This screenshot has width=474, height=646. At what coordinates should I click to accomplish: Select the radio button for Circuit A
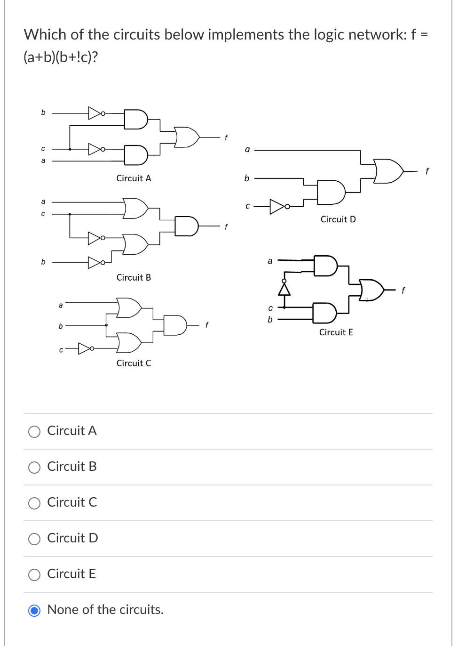(34, 432)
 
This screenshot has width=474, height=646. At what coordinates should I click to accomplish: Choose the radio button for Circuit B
(34, 468)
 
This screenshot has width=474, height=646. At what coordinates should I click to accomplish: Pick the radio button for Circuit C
(34, 503)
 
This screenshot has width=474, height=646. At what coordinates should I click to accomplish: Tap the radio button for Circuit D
(34, 539)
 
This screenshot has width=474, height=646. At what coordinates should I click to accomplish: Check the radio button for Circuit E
(34, 575)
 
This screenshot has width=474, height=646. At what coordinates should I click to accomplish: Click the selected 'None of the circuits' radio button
(34, 611)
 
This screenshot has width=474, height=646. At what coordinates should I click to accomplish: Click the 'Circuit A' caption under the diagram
(134, 178)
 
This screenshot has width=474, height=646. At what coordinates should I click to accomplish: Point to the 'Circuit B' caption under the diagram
(134, 278)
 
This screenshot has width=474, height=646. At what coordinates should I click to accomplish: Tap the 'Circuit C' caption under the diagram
(134, 363)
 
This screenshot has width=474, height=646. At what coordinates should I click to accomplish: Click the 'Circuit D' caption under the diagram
(338, 219)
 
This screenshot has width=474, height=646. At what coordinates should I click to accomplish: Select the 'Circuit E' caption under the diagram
(336, 332)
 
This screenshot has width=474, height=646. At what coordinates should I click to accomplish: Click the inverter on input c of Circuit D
(278, 206)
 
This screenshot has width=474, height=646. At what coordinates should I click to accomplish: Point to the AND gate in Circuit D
(331, 192)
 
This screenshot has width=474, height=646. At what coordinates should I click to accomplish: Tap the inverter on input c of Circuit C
(85, 348)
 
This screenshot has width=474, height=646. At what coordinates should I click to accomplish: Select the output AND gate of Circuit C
(175, 325)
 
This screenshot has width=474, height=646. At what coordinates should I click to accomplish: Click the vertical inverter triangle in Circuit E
(284, 288)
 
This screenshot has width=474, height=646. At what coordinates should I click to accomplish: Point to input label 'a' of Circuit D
(247, 150)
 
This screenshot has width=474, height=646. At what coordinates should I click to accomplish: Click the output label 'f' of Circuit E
(403, 291)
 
